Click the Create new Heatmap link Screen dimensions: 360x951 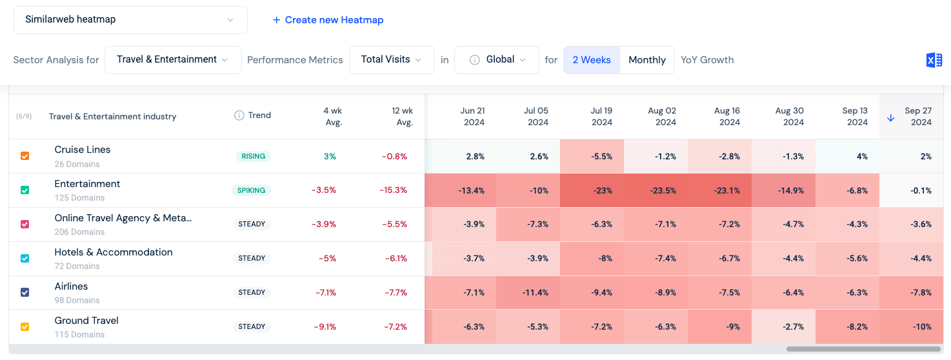click(328, 20)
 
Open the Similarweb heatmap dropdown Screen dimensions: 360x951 click(130, 20)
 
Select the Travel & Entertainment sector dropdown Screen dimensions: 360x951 click(173, 60)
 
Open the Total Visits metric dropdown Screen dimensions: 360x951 click(392, 60)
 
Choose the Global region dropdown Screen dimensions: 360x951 click(497, 60)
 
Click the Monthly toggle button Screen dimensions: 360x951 click(647, 60)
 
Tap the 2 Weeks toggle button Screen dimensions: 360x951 click(592, 60)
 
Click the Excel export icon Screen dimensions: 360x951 click(934, 60)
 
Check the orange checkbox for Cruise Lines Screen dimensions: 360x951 click(25, 156)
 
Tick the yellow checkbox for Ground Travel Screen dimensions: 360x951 click(25, 327)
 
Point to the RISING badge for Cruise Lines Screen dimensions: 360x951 click(253, 156)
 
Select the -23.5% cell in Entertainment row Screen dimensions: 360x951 click(656, 190)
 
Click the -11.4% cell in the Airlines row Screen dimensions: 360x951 click(528, 293)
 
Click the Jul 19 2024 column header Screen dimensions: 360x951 click(601, 117)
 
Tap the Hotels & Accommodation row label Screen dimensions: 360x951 click(114, 252)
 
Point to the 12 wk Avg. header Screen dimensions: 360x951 click(405, 117)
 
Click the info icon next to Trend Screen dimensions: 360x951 click(239, 115)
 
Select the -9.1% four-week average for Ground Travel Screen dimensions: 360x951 click(326, 327)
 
